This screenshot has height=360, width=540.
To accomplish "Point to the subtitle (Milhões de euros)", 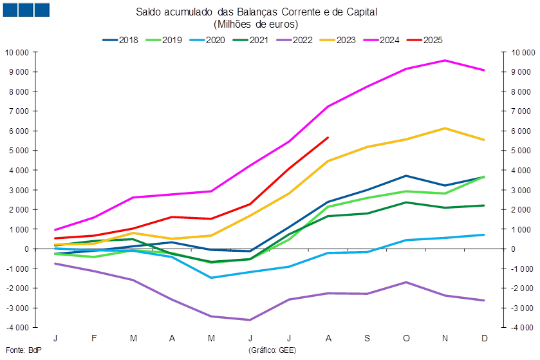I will click(255, 24).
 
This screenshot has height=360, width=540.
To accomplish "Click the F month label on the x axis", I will click(95, 337).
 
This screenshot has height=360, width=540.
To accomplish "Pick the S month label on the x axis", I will click(368, 337).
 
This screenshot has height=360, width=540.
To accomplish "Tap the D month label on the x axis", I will click(484, 337).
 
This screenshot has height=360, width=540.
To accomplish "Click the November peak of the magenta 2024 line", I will click(445, 60).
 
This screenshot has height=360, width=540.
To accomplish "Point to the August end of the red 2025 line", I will click(328, 137).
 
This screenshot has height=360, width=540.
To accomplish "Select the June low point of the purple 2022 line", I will click(250, 319).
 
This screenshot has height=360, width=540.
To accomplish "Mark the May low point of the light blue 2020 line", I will click(211, 278).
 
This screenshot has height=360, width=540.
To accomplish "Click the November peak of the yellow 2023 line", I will click(445, 128).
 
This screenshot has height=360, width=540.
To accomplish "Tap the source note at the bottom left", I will click(14, 350).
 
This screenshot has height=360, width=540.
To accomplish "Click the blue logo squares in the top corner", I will click(26, 9).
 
